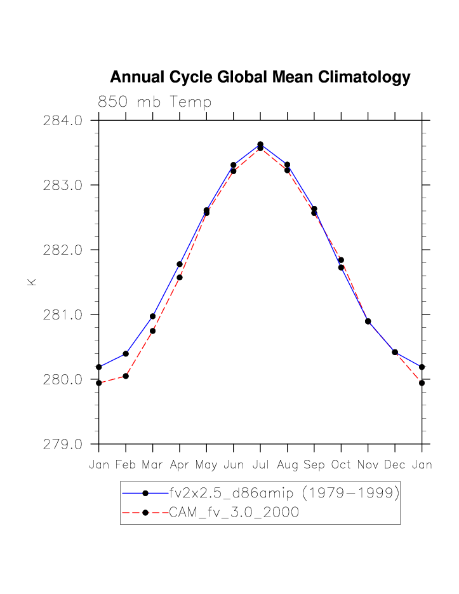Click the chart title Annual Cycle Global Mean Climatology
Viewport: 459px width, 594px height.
pos(260,78)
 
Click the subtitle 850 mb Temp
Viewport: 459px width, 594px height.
pos(154,102)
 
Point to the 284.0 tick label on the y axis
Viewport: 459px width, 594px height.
pos(63,120)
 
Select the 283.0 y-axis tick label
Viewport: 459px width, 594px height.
pos(63,185)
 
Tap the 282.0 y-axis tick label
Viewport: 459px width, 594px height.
pos(63,250)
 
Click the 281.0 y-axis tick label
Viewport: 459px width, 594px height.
pos(63,314)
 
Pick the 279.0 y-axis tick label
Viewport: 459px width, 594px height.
pos(63,444)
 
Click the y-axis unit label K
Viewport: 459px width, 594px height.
pos(32,281)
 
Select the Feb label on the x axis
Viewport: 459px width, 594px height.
pos(126,465)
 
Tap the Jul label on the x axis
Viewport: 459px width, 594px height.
pos(260,465)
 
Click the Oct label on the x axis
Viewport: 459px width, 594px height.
pos(341,465)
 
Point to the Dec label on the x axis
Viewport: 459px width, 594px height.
pos(395,465)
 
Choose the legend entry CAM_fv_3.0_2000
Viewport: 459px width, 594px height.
pos(234,513)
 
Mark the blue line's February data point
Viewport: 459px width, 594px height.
pos(126,353)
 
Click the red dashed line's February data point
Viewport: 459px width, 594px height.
pos(126,376)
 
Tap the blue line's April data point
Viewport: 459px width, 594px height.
pos(180,264)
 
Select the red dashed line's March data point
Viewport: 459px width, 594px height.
pos(152,330)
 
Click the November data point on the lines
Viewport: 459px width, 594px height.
pos(368,321)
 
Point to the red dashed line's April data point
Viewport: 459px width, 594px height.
pos(180,277)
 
